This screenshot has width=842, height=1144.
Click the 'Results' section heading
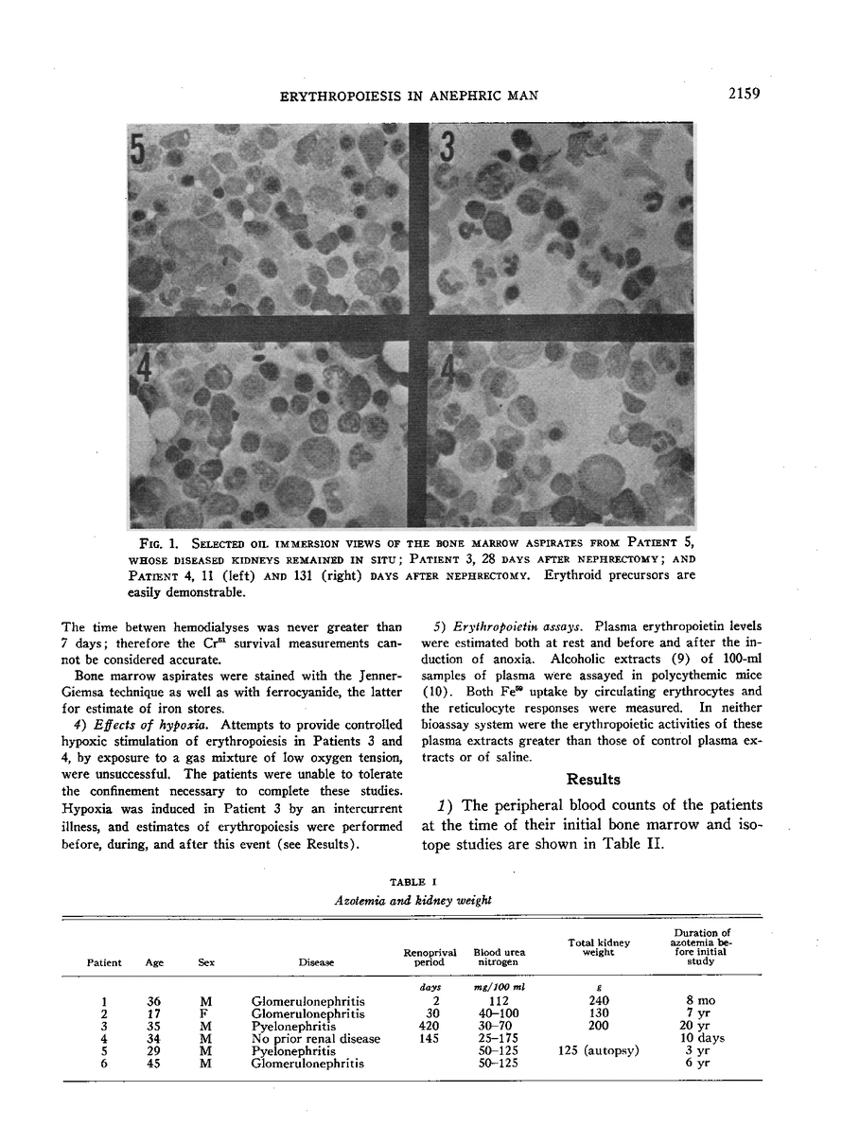pos(593,780)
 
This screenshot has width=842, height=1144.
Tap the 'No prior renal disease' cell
pos(317,1039)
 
